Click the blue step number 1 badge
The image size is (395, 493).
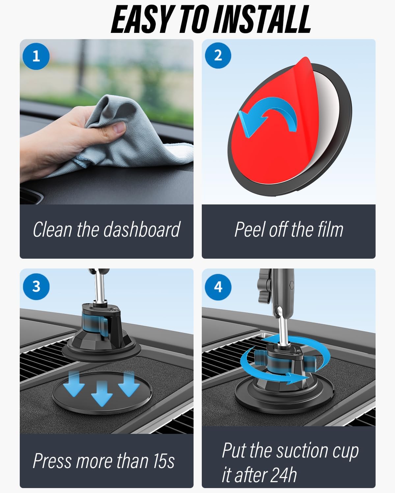36,56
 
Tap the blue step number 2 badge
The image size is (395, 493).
218,56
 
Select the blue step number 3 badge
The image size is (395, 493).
36,286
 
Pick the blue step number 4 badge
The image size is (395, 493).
218,287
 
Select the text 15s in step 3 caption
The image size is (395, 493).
163,461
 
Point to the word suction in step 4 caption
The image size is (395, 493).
303,451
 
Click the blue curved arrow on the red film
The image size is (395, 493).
268,120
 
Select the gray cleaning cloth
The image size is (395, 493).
132,141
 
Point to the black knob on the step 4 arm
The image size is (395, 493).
264,286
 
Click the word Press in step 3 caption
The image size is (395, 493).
53,461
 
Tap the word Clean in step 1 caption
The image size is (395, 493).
53,229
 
